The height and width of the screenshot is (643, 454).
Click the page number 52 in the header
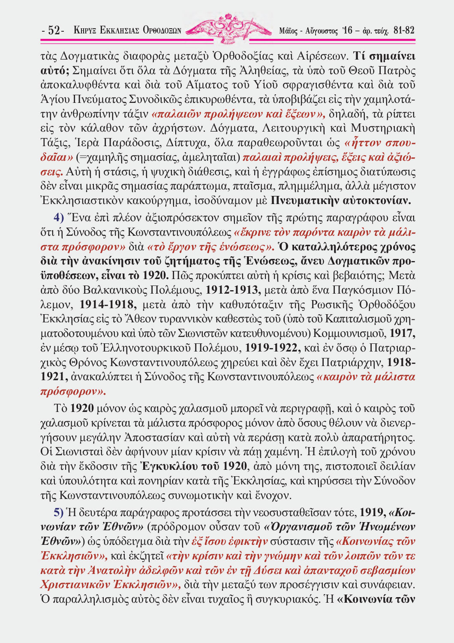54,30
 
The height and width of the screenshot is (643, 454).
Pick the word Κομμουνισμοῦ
351,333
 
